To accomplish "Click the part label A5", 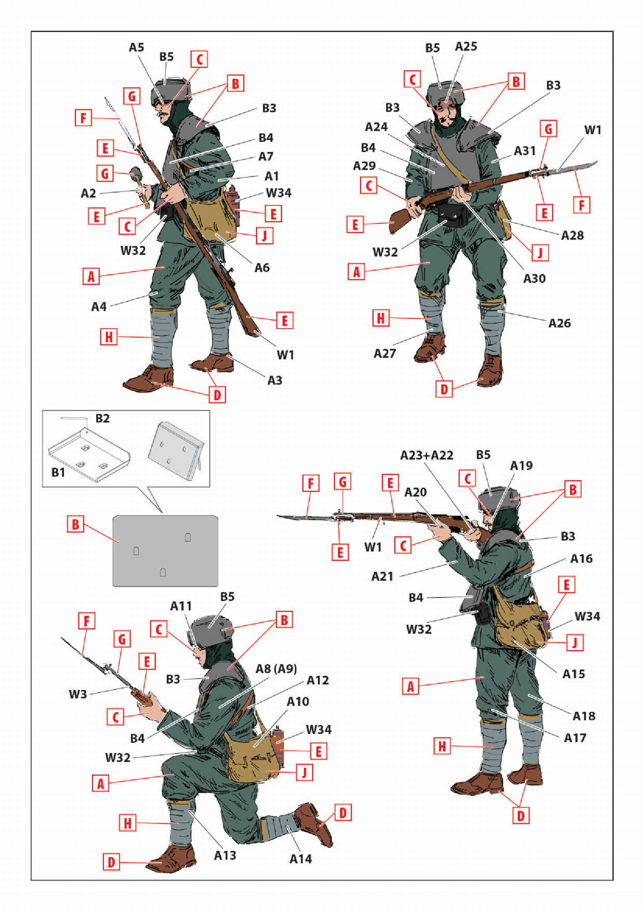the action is pos(136,47).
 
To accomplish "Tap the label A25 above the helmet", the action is pos(466,46).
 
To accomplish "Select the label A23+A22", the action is pos(427,455).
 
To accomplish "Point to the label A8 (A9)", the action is pos(276,669).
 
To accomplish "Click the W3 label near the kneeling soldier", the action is pos(78,694).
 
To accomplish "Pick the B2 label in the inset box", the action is pos(102,418).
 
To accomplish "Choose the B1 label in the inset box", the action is pos(58,472).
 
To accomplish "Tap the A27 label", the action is pos(384,353).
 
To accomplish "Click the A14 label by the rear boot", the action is pos(300,859).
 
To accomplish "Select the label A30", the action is pos(534,278).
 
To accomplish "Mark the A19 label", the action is pos(521,465).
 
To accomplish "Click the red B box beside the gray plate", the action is pos(75,524).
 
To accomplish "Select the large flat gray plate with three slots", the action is pos(165,551).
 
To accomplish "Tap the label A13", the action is pos(225,855).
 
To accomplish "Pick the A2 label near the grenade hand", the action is pos(88,193).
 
